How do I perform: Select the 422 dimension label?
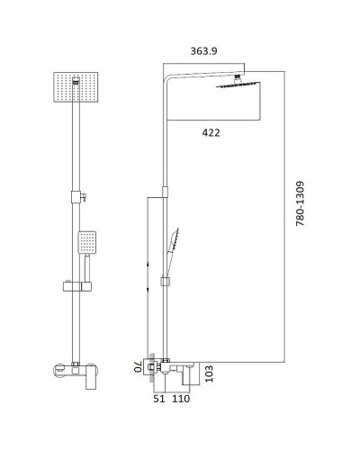pos(211,132)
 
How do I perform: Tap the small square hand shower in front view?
pos(86,241)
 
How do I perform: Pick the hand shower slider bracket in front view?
pos(76,288)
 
